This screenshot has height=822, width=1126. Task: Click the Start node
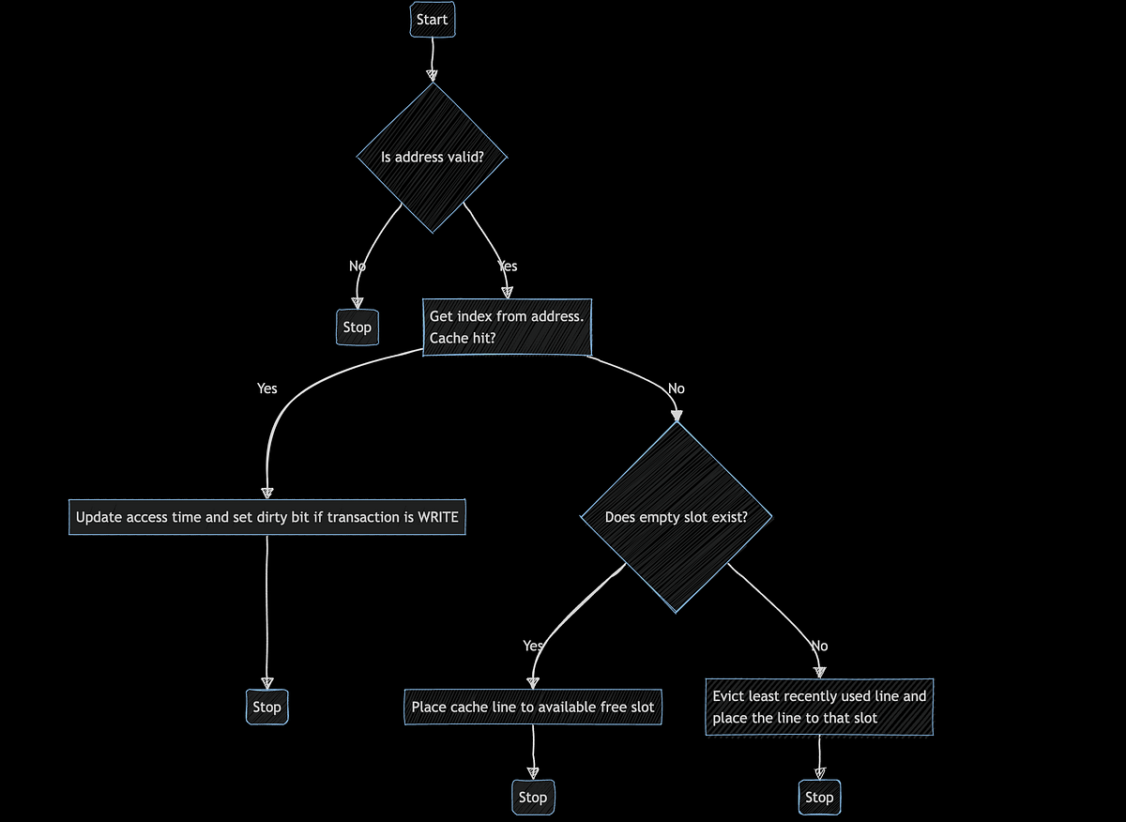(x=433, y=20)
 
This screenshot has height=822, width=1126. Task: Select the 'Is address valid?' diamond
(x=432, y=157)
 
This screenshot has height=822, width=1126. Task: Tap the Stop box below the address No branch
(x=357, y=327)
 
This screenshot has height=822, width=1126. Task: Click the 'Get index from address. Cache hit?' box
(x=507, y=327)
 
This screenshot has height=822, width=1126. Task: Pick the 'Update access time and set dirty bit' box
(x=266, y=517)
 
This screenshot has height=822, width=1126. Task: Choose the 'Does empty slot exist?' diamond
(x=676, y=517)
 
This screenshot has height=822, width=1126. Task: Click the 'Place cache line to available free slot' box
(x=533, y=707)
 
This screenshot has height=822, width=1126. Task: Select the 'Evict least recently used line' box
(x=819, y=708)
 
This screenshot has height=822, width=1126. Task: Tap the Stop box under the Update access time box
(x=266, y=707)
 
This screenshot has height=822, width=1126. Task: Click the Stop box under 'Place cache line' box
(x=532, y=797)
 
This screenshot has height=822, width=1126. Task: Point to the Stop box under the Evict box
(x=818, y=797)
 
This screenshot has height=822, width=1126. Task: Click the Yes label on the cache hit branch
(x=266, y=388)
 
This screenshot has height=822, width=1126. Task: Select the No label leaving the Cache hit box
(x=676, y=388)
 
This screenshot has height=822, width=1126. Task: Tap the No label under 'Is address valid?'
(x=357, y=266)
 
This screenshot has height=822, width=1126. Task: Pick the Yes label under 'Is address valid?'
(x=508, y=266)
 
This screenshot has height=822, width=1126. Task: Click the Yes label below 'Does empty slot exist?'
(x=533, y=646)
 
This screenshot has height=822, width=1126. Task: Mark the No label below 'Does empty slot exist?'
(x=819, y=646)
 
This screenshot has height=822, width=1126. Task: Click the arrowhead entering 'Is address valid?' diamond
(x=432, y=75)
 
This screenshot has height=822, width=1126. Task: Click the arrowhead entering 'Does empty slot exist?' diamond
(x=676, y=416)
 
